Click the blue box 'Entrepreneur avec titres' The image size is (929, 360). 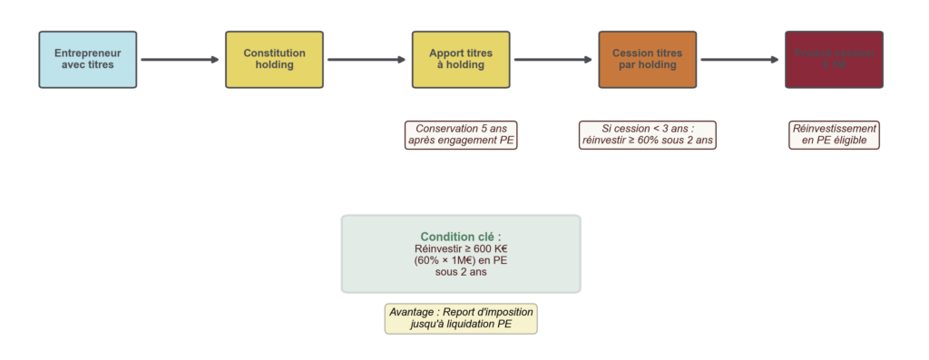(x=88, y=60)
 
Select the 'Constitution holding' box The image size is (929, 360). (x=274, y=60)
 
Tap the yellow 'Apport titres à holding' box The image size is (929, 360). (x=461, y=60)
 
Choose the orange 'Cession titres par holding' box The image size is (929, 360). (x=647, y=60)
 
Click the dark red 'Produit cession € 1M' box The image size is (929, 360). (x=834, y=60)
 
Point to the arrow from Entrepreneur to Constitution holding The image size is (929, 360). (x=181, y=60)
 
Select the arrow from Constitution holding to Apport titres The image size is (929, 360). (x=367, y=60)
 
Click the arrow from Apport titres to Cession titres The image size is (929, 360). (x=553, y=60)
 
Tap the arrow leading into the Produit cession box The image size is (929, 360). (x=740, y=60)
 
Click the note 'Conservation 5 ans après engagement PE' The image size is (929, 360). (x=461, y=135)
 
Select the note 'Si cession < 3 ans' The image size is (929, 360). (x=647, y=135)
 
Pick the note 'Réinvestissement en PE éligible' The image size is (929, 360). (x=834, y=135)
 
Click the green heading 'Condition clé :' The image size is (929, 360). (x=461, y=237)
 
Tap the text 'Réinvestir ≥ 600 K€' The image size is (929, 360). (x=461, y=249)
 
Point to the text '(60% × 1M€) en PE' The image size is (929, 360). (x=461, y=260)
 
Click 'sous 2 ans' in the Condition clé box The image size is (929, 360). (x=461, y=272)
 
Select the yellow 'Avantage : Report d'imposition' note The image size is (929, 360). (x=461, y=318)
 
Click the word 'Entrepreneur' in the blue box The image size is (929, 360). (x=88, y=54)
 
